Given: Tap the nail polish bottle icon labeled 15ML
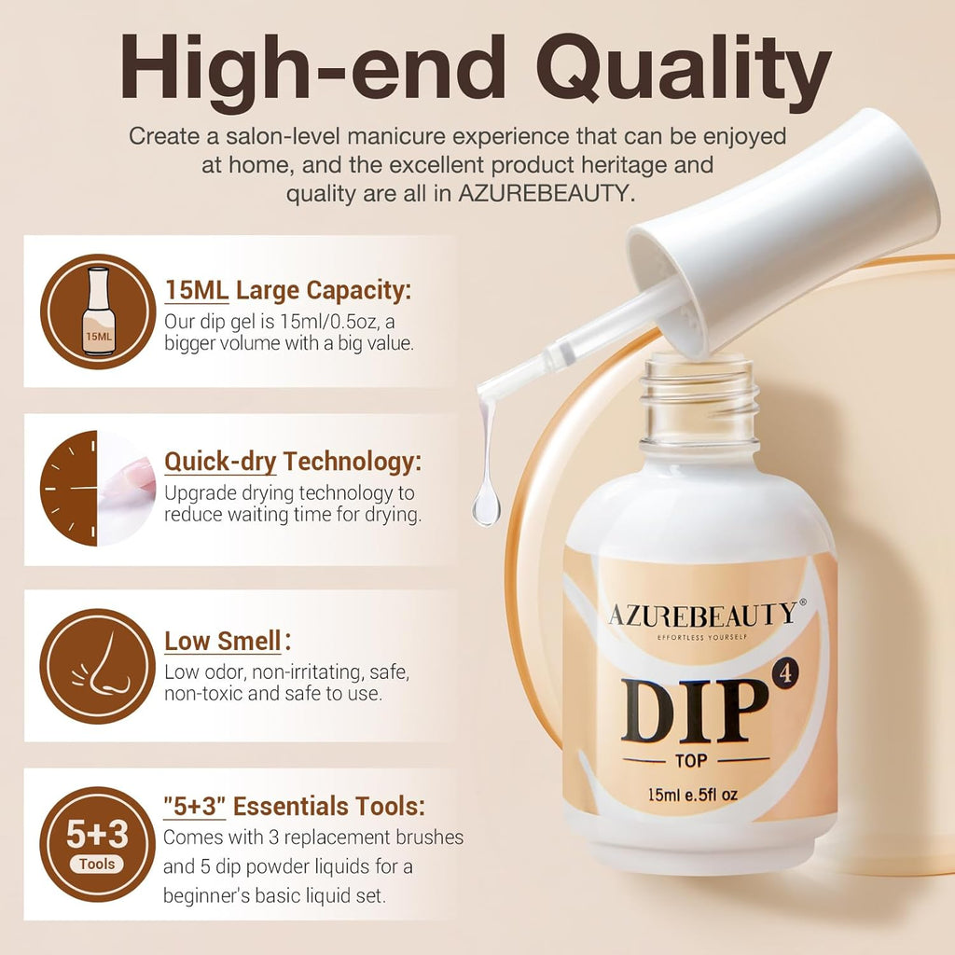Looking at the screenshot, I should tap(97, 311).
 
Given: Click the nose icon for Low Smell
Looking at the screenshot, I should tap(97, 666).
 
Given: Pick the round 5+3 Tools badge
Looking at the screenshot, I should tap(97, 843).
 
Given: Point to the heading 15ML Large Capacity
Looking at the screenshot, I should tap(287, 290).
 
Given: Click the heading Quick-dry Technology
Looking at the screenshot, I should tap(293, 462).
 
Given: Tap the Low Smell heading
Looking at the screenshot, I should tap(224, 642).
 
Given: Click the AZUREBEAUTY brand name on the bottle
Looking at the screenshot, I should tap(702, 614).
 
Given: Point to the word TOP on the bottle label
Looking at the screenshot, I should tap(696, 760).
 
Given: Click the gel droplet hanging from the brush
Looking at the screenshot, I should tap(485, 508).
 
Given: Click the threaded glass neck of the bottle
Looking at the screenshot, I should tap(699, 401).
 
